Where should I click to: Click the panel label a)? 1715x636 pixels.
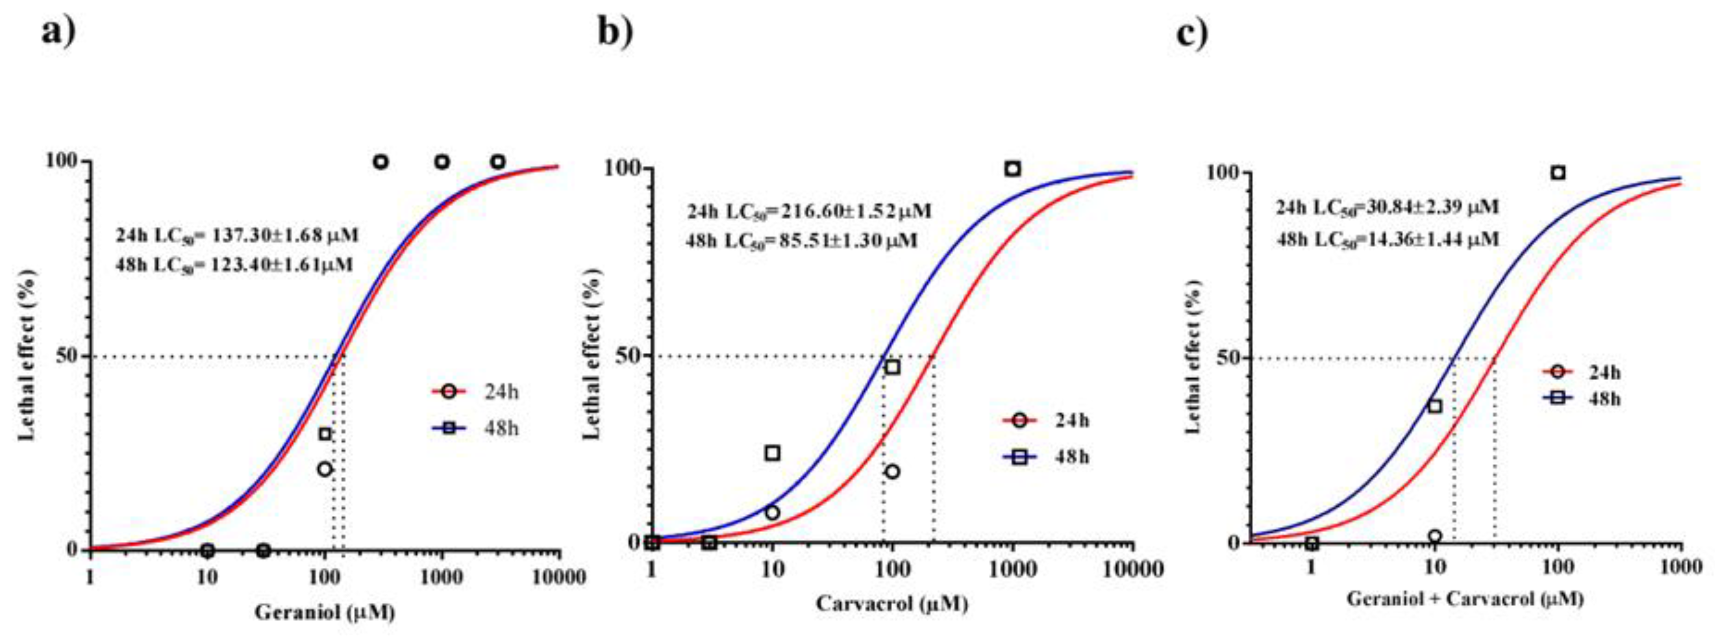pyautogui.click(x=59, y=32)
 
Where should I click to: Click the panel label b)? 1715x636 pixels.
pyautogui.click(x=614, y=32)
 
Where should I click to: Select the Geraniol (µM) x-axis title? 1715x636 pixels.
pyautogui.click(x=325, y=612)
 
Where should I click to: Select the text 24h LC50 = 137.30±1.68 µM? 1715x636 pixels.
pyautogui.click(x=237, y=235)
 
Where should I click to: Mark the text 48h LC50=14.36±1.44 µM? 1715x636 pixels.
pyautogui.click(x=1388, y=238)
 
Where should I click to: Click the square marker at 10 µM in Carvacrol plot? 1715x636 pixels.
pyautogui.click(x=772, y=453)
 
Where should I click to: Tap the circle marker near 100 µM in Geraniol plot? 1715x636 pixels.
pyautogui.click(x=324, y=469)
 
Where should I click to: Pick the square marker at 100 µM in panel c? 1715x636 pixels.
pyautogui.click(x=1558, y=172)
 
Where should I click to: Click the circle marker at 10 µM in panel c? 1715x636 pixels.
pyautogui.click(x=1435, y=536)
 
